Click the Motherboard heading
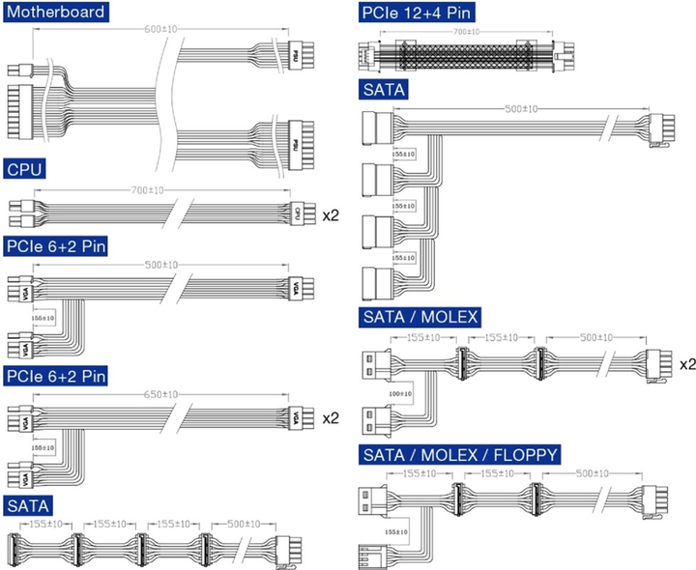coord(55,13)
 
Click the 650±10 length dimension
coord(159,394)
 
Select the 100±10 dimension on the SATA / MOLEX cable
coord(399,393)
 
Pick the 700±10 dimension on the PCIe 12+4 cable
coord(466,32)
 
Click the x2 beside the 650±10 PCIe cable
coord(330,418)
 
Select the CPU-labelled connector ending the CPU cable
coord(298,214)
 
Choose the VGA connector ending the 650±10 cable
coord(298,418)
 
